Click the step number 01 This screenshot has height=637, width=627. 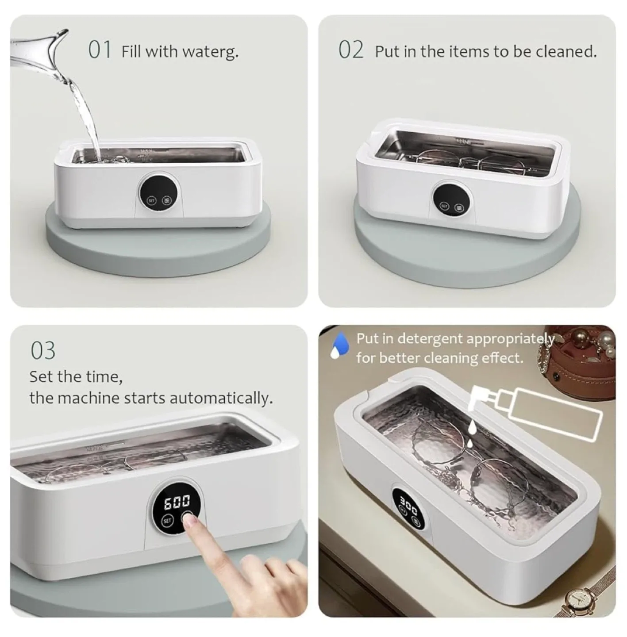coord(100,50)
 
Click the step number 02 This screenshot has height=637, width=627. coord(351,50)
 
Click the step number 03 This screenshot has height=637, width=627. coord(43,351)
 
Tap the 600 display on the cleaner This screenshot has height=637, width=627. coord(177,502)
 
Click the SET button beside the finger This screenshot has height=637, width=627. coord(167,521)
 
